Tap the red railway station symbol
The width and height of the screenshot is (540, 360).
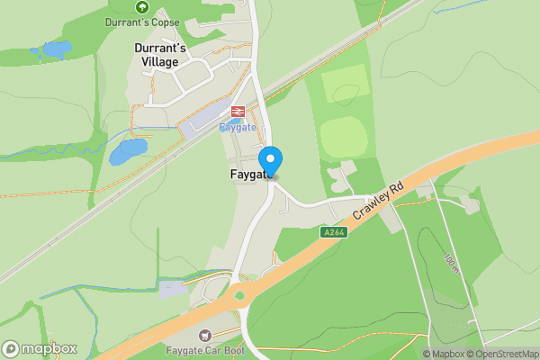(238, 112)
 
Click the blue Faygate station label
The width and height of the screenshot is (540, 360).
(238, 127)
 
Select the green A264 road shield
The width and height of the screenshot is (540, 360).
(333, 232)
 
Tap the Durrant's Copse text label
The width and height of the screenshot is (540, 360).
(142, 22)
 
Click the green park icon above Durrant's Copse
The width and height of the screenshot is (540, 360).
(141, 7)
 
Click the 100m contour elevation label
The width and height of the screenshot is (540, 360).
(451, 261)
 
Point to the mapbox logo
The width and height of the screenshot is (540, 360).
(39, 348)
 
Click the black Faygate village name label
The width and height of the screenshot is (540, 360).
(242, 175)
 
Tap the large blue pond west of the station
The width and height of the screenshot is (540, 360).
(127, 151)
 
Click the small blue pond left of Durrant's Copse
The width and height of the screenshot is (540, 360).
(57, 49)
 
